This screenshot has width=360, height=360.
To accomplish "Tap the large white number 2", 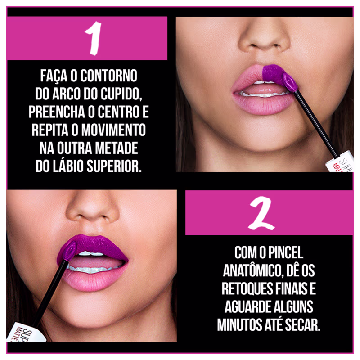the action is tap(262, 213).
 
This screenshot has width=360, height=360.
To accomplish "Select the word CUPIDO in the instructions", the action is tap(121, 94).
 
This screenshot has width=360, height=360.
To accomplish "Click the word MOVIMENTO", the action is tap(113, 130).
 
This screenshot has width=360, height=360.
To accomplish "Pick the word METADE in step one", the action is tap(117, 148).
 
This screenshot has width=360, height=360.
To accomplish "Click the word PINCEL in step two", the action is tap(286, 252).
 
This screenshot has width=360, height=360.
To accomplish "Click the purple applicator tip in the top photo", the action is tap(290, 82).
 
